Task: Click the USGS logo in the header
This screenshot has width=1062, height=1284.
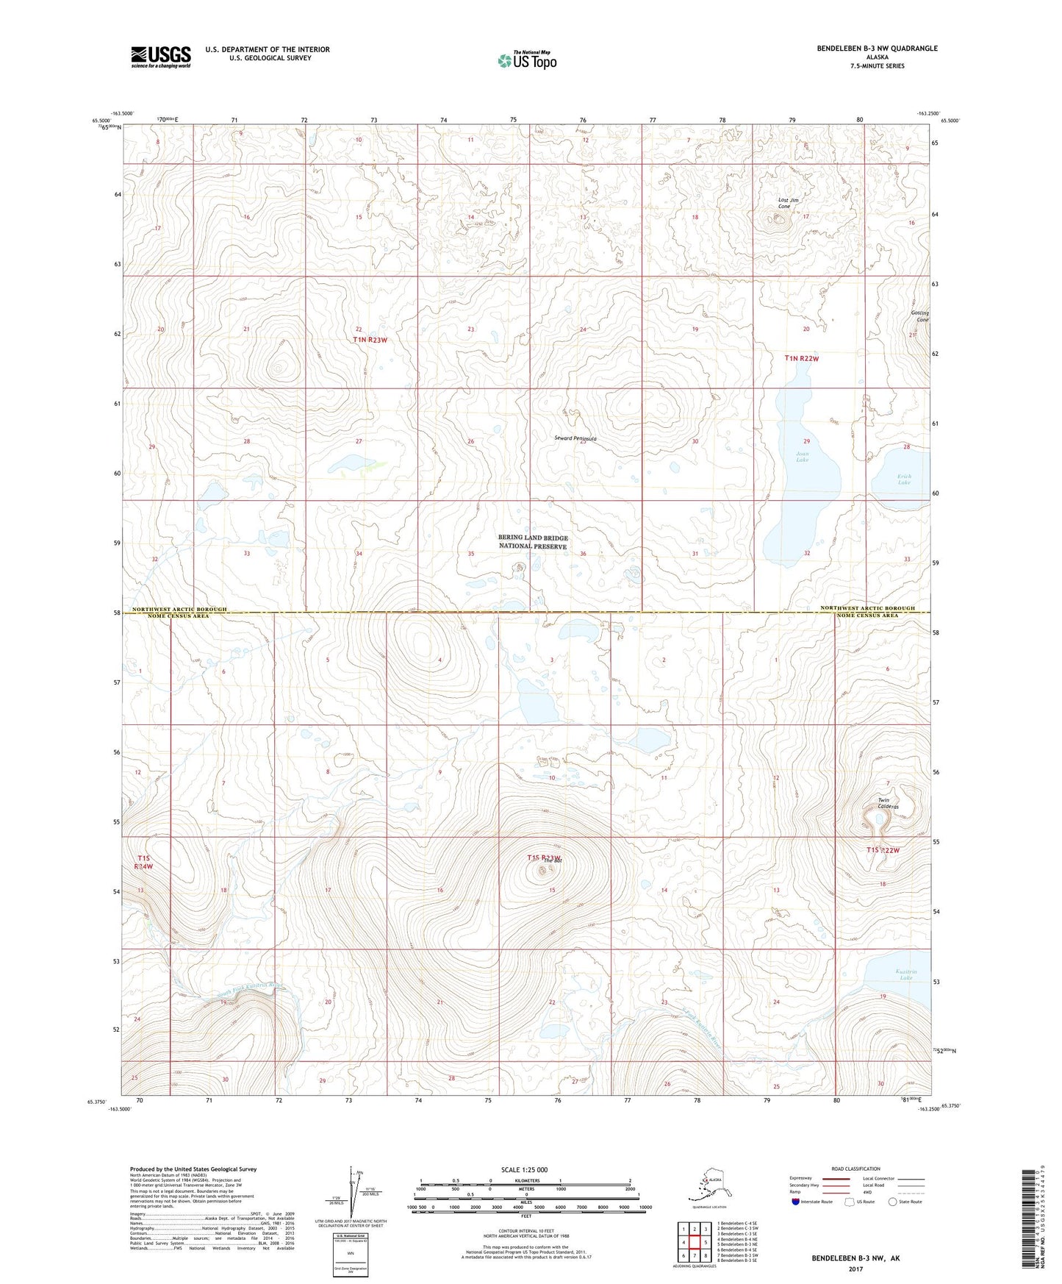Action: pyautogui.click(x=161, y=57)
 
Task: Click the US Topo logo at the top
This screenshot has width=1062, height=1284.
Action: pyautogui.click(x=527, y=60)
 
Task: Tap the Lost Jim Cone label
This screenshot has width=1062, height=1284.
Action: pyautogui.click(x=789, y=203)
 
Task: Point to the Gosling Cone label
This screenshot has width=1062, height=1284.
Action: pyautogui.click(x=919, y=316)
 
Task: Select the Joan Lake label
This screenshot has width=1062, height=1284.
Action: pyautogui.click(x=802, y=457)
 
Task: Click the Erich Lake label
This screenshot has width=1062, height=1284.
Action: pyautogui.click(x=904, y=479)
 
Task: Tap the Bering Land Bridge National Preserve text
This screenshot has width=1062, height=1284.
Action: pyautogui.click(x=533, y=542)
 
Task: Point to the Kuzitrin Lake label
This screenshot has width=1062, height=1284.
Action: pyautogui.click(x=904, y=975)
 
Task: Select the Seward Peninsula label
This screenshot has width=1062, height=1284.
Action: pyautogui.click(x=575, y=438)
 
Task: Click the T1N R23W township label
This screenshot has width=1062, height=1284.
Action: pyautogui.click(x=370, y=340)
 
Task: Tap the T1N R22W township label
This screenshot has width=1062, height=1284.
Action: pyautogui.click(x=800, y=358)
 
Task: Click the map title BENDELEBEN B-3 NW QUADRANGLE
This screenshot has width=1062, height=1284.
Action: pyautogui.click(x=877, y=49)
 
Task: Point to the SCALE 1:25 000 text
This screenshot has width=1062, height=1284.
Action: pyautogui.click(x=525, y=1169)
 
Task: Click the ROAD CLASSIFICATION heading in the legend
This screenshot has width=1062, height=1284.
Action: pyautogui.click(x=855, y=1169)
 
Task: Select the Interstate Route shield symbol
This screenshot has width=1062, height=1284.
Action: pyautogui.click(x=795, y=1202)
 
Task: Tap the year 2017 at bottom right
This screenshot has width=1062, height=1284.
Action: pyautogui.click(x=855, y=1269)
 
